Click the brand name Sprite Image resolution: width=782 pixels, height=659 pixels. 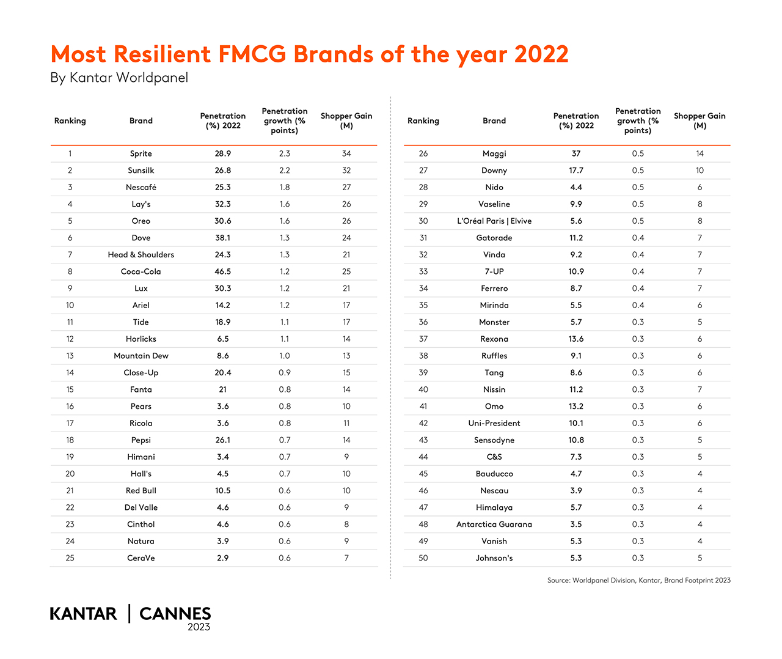coord(141,153)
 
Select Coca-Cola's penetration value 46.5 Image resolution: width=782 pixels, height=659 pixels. coord(222,271)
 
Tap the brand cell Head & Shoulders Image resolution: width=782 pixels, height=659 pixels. coord(141,255)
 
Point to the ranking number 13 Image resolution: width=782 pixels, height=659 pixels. coord(70,356)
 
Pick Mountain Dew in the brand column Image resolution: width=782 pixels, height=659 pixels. coord(141,356)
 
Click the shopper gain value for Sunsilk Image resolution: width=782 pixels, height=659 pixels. coord(346,171)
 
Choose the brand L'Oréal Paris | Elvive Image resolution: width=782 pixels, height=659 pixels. coord(494,221)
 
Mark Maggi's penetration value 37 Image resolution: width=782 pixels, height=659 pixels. coord(576,153)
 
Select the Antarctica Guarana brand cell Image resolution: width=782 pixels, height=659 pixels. coord(494,525)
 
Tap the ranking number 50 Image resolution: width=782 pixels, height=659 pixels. coord(423,558)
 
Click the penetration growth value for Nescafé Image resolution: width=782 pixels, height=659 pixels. coord(285,187)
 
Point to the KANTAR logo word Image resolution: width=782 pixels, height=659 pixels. coord(83,614)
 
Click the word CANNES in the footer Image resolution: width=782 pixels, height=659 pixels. coord(175,614)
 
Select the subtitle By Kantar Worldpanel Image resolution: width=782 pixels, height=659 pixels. coord(119,78)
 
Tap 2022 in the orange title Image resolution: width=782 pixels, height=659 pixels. coord(541,54)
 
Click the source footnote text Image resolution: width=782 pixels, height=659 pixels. coord(638,580)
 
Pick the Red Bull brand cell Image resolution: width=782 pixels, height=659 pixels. coord(141,491)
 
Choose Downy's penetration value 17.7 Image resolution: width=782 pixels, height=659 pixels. coord(576,171)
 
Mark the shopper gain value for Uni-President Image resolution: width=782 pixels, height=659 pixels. coord(700,423)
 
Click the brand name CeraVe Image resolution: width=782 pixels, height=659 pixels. coord(141,558)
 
